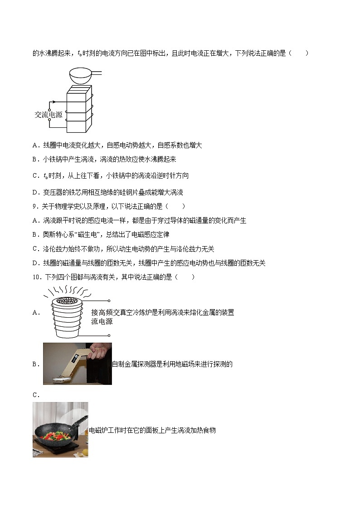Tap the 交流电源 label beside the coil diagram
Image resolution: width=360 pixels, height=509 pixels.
tap(49, 115)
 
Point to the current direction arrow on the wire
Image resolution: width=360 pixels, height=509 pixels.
tap(53, 102)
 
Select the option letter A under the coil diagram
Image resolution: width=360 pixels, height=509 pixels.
tap(35, 145)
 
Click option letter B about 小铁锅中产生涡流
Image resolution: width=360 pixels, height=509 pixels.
tap(35, 160)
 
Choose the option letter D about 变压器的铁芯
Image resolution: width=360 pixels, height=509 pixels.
tap(35, 193)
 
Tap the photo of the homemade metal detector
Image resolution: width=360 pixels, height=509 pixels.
tap(77, 364)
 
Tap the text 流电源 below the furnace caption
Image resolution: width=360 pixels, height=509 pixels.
tap(102, 321)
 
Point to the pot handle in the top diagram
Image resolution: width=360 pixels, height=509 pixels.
tap(96, 73)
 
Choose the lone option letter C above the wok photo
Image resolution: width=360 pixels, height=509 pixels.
tap(35, 395)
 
